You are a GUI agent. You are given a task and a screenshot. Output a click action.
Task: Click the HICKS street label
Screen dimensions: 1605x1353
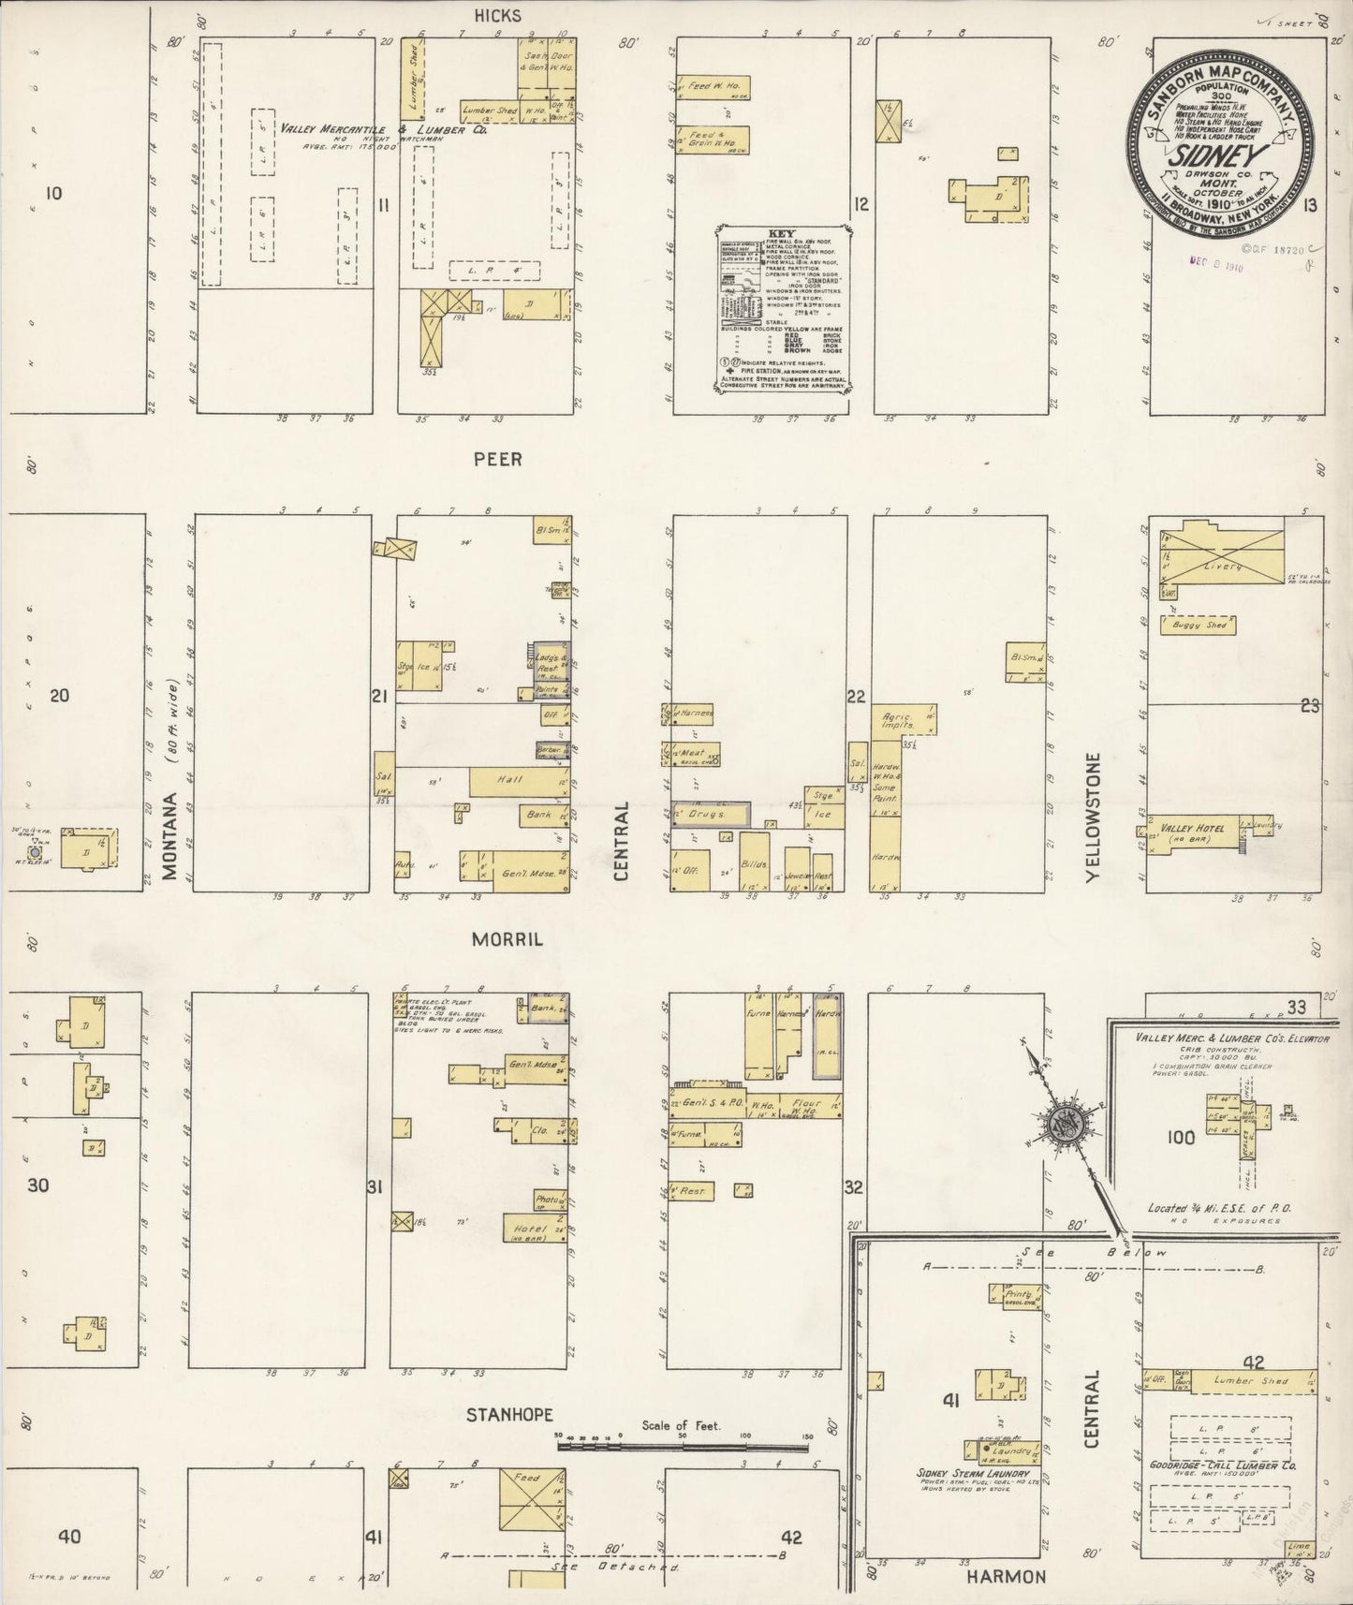pos(496,16)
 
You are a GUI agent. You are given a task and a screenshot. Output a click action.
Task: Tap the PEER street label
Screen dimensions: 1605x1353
pos(497,460)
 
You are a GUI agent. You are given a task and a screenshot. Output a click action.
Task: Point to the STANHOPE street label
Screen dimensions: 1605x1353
pos(509,1414)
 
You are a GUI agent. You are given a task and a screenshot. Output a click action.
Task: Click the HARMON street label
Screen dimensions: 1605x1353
pos(1007,1577)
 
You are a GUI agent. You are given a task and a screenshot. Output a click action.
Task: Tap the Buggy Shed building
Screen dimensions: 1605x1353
pos(1199,624)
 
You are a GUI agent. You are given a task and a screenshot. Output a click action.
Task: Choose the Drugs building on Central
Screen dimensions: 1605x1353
pos(707,815)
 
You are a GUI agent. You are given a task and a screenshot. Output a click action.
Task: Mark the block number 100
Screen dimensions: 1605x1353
pos(1181,1137)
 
